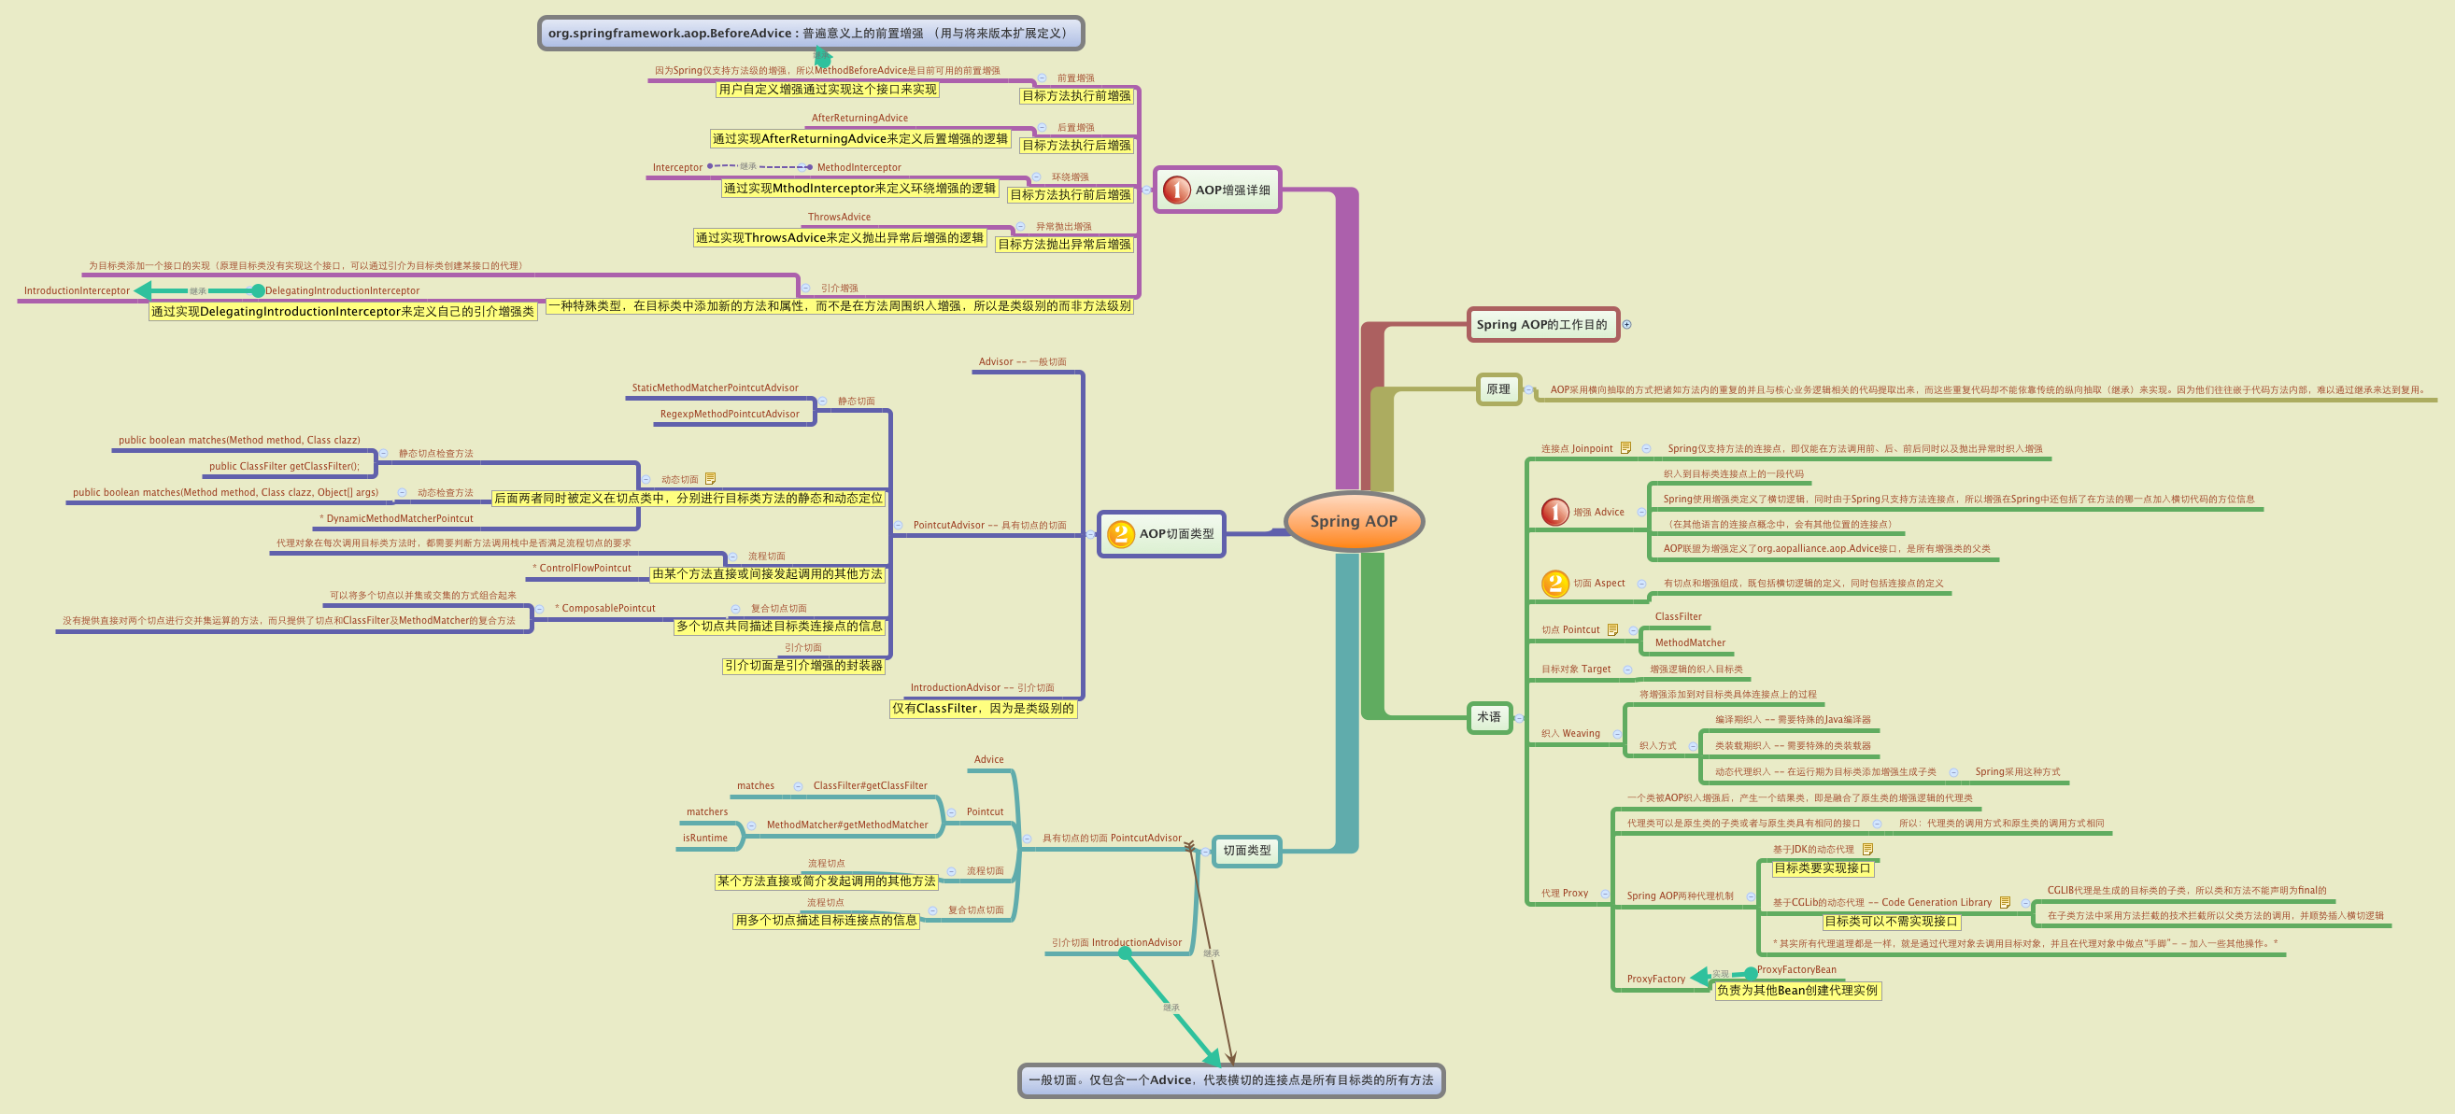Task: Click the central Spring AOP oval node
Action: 1354,521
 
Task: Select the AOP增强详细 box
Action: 1217,190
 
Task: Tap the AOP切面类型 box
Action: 1161,533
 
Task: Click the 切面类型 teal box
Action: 1245,850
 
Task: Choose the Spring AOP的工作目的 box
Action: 1541,324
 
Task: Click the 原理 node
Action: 1497,388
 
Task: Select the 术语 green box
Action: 1488,716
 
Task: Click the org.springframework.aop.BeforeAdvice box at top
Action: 810,34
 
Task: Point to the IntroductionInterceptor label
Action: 77,290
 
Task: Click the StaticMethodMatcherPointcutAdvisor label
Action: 715,388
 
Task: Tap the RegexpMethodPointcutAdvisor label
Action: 729,414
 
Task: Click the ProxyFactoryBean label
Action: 1796,969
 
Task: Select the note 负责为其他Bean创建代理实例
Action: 1796,990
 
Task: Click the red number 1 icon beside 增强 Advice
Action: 1554,512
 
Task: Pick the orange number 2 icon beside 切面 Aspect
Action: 1554,583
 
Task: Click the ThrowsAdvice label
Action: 839,218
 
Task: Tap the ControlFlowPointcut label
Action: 584,568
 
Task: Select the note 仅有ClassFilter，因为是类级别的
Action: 983,708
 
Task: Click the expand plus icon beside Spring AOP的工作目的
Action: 1626,324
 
